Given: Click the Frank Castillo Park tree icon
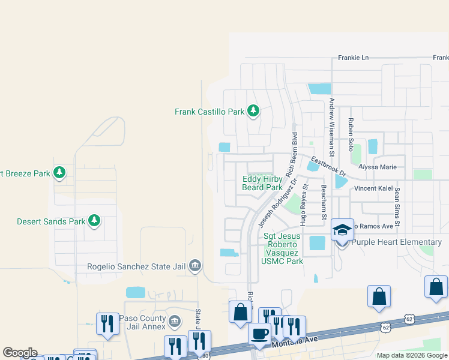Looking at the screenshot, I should tap(253, 111).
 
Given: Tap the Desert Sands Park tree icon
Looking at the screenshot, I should tap(94, 221).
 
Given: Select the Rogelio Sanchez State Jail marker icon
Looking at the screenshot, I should tap(194, 265).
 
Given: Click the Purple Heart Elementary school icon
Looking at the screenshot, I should tap(342, 230).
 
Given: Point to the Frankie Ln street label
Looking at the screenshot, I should tap(353, 58).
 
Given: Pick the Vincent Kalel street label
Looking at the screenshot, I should tap(373, 188).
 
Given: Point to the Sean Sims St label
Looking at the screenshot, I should tap(397, 206).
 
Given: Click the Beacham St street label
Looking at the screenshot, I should tap(324, 202).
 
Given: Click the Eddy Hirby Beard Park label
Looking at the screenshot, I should tap(262, 183).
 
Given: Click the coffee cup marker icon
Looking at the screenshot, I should tap(259, 333).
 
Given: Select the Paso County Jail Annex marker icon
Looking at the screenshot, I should tap(174, 321).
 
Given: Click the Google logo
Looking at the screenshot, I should tap(19, 353).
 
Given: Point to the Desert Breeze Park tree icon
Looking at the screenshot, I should tap(59, 173).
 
